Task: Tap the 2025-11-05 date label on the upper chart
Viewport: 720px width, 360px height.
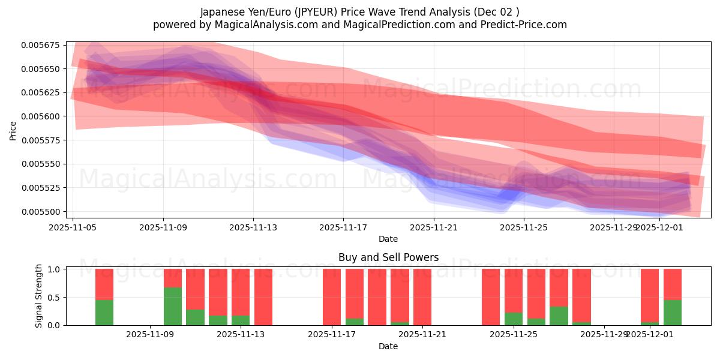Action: point(73,228)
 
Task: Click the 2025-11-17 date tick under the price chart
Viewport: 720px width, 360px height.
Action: point(343,228)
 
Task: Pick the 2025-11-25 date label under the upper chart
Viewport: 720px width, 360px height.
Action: point(524,228)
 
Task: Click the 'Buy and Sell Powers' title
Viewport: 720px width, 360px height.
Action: point(388,258)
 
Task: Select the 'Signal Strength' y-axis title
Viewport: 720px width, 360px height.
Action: point(39,296)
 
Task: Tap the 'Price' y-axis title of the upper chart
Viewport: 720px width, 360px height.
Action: point(13,130)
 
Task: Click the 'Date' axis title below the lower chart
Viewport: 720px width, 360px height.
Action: point(388,346)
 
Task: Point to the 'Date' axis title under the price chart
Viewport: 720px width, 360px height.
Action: point(388,239)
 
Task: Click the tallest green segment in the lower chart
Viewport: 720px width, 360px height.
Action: point(173,306)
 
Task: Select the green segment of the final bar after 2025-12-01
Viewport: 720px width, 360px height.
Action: point(673,313)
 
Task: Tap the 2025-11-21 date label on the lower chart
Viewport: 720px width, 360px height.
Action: point(423,335)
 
